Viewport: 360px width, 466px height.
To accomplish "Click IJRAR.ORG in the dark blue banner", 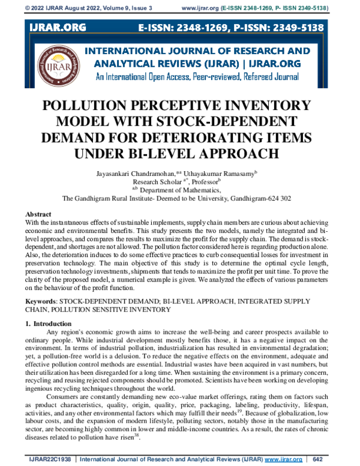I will [x=58, y=28].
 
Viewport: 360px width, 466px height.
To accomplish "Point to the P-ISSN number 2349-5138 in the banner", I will [x=294, y=28].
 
